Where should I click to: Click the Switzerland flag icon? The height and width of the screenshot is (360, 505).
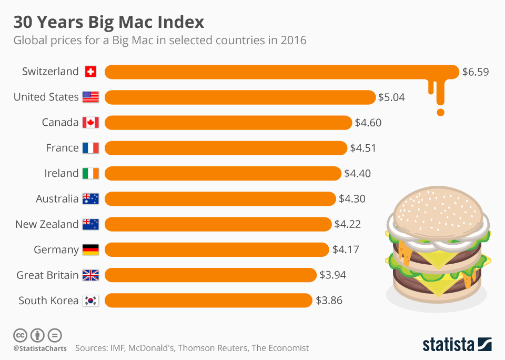click(x=90, y=72)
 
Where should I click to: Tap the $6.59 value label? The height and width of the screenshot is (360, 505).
click(x=475, y=72)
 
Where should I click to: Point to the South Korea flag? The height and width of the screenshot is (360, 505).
click(x=90, y=301)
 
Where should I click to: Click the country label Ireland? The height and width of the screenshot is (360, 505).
click(x=62, y=173)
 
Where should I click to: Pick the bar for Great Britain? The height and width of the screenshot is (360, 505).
click(x=211, y=275)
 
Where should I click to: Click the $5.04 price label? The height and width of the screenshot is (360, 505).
click(x=391, y=97)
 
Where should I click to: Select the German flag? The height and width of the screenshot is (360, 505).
click(x=90, y=249)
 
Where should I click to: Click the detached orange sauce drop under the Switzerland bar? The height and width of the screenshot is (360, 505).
click(x=441, y=112)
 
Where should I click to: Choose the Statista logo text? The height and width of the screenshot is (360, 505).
click(x=448, y=344)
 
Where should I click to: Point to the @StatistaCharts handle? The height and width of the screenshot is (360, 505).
click(x=40, y=348)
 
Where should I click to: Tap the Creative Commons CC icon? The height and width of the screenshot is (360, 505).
click(x=20, y=335)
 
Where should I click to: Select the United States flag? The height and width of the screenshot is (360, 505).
click(x=90, y=97)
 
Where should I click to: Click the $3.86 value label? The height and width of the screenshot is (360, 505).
click(x=329, y=301)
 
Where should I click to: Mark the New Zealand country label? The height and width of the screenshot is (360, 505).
click(x=47, y=224)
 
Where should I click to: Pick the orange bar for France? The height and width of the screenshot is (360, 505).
click(x=226, y=148)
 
